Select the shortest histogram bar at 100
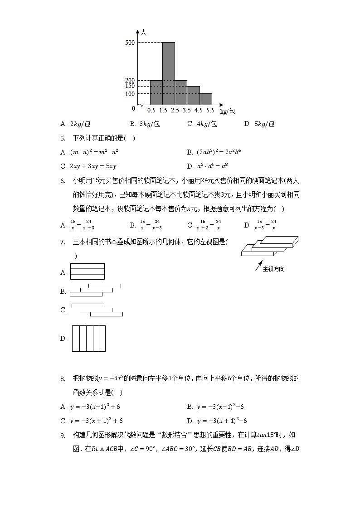pyautogui.click(x=206, y=99)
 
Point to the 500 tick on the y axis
pyautogui.click(x=130, y=43)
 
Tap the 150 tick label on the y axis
pyautogui.click(x=130, y=86)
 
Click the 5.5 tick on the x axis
pyautogui.click(x=210, y=110)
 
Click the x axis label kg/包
pyautogui.click(x=227, y=111)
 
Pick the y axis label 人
pyautogui.click(x=143, y=32)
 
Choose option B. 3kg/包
pyautogui.click(x=145, y=124)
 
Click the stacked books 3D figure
pyautogui.click(x=269, y=246)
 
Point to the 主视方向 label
pyautogui.click(x=274, y=269)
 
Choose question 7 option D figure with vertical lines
pyautogui.click(x=88, y=338)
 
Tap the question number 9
pyautogui.click(x=63, y=435)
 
